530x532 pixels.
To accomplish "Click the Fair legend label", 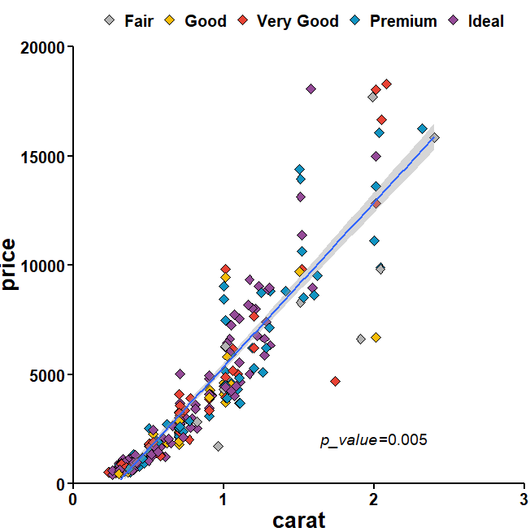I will click(139, 21).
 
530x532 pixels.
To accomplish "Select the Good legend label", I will click(206, 21).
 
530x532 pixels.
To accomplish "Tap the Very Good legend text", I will click(298, 21).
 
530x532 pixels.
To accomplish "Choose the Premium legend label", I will click(403, 21).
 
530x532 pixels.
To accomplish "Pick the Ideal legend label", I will click(486, 21).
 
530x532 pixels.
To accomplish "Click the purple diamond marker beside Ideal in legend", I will click(456, 21).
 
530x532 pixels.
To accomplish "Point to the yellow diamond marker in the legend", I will click(171, 21).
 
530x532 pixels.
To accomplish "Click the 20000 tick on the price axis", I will click(42, 48).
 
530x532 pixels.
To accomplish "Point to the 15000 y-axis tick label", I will click(42, 157).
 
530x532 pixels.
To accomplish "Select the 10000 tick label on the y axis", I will click(42, 266).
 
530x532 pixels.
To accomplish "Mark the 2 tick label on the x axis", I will click(373, 499).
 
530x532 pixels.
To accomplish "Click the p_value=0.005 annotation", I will click(373, 440).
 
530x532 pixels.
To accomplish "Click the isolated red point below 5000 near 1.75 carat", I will click(335, 382).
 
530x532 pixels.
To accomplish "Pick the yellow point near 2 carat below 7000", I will click(376, 337).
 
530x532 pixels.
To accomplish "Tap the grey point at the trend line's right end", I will click(434, 138).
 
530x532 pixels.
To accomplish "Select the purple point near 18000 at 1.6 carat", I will click(311, 89).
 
